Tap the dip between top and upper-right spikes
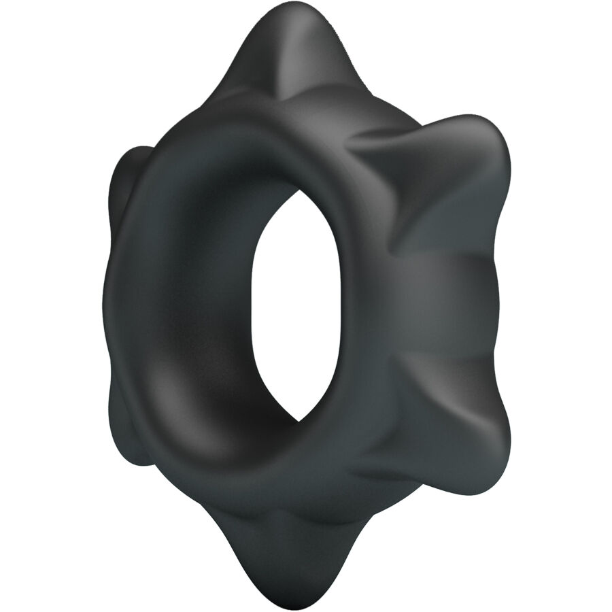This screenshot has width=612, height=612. pos(381,122)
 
